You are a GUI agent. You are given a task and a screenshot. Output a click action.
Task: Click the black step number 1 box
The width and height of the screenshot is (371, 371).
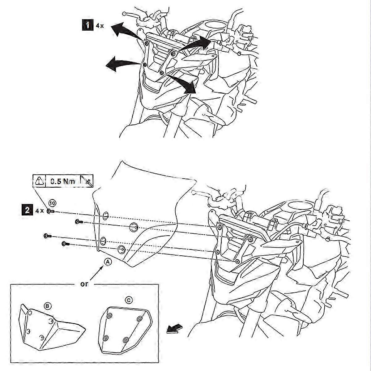(x=87, y=25)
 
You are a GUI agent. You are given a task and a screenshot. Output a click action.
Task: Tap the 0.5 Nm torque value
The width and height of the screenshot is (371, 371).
(x=63, y=181)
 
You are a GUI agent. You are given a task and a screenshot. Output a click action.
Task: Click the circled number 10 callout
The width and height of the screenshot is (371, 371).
(x=52, y=203)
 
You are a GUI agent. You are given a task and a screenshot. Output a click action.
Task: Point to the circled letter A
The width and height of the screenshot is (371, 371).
(x=108, y=262)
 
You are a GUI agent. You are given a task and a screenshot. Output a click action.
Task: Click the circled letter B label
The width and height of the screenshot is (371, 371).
(x=47, y=306)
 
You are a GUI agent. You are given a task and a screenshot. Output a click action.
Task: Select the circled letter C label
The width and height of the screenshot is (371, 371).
(x=129, y=300)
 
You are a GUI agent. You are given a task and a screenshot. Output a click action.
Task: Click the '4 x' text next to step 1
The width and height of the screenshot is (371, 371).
(x=100, y=26)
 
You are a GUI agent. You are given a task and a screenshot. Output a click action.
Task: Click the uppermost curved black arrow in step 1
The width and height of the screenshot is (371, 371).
(x=124, y=30)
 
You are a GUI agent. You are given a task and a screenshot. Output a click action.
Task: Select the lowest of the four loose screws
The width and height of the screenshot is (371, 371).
(x=65, y=244)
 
